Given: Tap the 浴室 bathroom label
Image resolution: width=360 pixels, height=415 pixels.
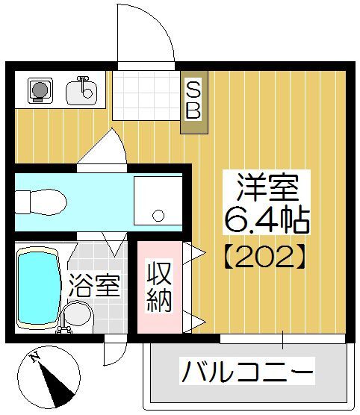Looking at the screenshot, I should point(93,287).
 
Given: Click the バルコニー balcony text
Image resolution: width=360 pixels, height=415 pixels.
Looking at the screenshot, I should point(246,370).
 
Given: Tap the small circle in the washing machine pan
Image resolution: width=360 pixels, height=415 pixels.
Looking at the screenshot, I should point(158,216).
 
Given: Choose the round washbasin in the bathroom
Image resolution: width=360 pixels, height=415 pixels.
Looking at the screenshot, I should point(78,317).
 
